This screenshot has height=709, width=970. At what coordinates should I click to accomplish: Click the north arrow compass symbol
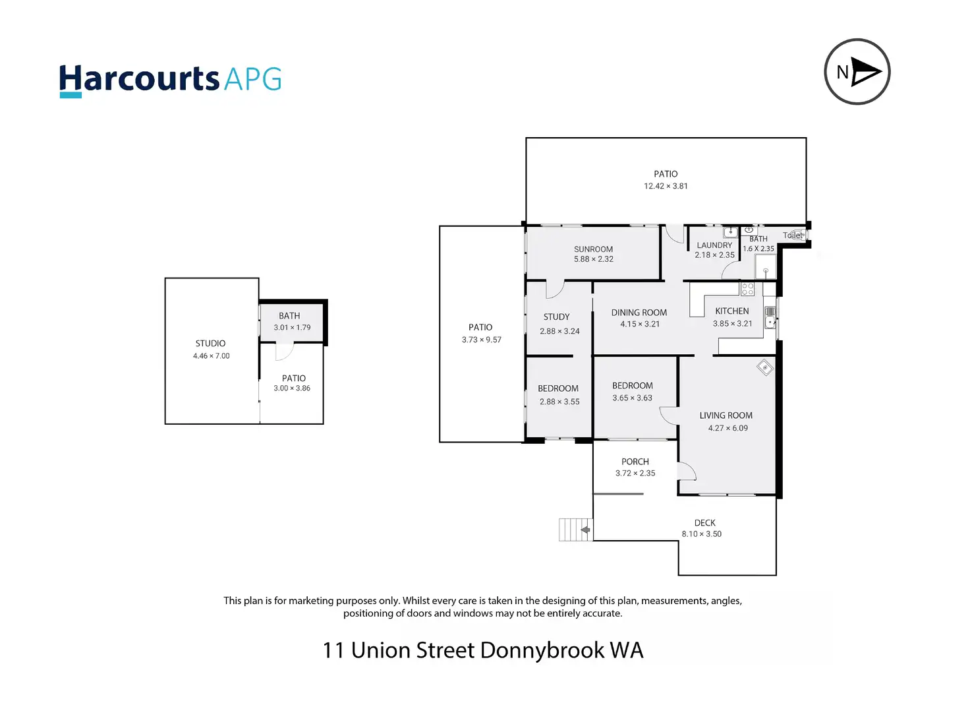click(857, 72)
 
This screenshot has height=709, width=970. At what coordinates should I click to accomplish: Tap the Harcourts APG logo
click(170, 81)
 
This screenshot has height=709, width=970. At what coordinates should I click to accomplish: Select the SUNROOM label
click(593, 249)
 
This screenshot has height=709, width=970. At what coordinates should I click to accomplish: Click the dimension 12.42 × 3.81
click(666, 186)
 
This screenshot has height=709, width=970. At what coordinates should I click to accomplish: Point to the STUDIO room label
click(210, 344)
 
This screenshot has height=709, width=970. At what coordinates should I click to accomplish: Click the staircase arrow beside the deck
click(585, 530)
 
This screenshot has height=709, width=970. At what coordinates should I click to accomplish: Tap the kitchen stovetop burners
click(747, 289)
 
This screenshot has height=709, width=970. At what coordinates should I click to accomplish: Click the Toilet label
click(793, 235)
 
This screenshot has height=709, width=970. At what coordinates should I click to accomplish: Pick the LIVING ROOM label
click(726, 416)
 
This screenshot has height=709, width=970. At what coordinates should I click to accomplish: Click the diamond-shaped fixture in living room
click(765, 368)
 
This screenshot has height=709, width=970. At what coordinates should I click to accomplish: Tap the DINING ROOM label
click(639, 313)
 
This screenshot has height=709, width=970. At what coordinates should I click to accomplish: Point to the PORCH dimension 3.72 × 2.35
click(635, 474)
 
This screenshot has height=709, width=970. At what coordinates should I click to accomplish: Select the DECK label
click(705, 523)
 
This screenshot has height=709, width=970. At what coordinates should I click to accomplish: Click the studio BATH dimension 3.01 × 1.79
click(292, 328)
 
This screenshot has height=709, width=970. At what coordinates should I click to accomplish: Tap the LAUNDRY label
click(714, 245)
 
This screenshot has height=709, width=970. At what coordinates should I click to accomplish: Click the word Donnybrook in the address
click(542, 650)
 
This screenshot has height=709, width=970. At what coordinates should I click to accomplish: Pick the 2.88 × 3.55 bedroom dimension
click(559, 402)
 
